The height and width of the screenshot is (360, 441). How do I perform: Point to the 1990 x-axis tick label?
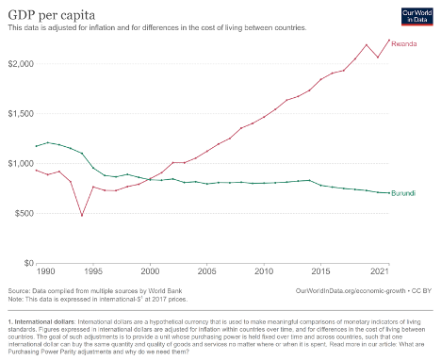pyautogui.click(x=40, y=271)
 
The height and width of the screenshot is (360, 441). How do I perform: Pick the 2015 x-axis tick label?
pyautogui.click(x=322, y=271)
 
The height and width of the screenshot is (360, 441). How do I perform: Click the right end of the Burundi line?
pyautogui.click(x=389, y=192)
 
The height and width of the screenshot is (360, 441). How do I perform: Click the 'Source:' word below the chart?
pyautogui.click(x=19, y=292)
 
